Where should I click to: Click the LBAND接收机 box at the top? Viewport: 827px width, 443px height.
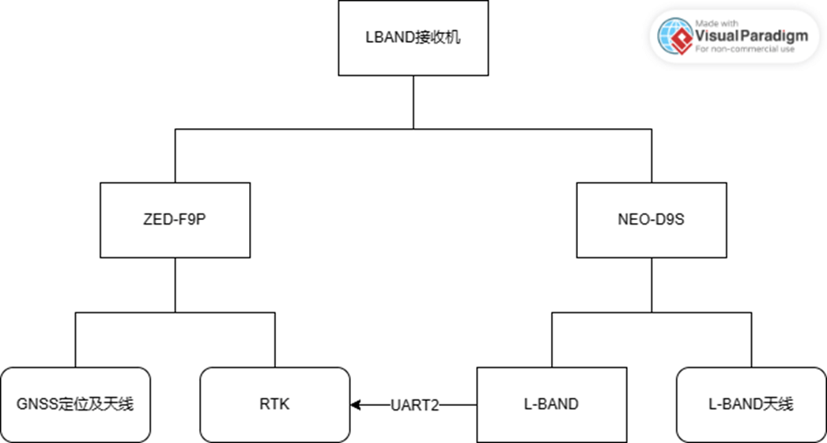(x=413, y=38)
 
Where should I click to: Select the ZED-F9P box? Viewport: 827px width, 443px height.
(x=175, y=220)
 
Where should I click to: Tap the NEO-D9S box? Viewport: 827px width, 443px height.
(x=651, y=220)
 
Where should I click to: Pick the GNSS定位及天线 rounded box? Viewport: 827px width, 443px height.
(x=75, y=404)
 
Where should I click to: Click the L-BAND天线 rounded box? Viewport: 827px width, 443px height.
(x=750, y=404)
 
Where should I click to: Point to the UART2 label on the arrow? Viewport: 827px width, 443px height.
(x=413, y=405)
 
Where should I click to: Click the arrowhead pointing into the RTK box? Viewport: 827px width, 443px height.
(x=356, y=405)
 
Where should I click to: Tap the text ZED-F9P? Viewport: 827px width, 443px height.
(x=175, y=220)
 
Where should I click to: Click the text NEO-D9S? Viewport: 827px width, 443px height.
(x=651, y=220)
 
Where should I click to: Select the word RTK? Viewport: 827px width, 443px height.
(x=274, y=404)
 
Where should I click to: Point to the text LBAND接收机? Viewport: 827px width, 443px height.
(x=413, y=38)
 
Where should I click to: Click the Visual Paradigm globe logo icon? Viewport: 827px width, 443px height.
(x=674, y=36)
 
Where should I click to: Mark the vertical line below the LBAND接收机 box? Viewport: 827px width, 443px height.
(x=413, y=101)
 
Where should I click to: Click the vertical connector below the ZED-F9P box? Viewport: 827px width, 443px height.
(x=175, y=285)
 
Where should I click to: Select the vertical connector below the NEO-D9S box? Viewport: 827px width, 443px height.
(x=651, y=285)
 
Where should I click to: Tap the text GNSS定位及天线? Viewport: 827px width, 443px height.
(x=75, y=404)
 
